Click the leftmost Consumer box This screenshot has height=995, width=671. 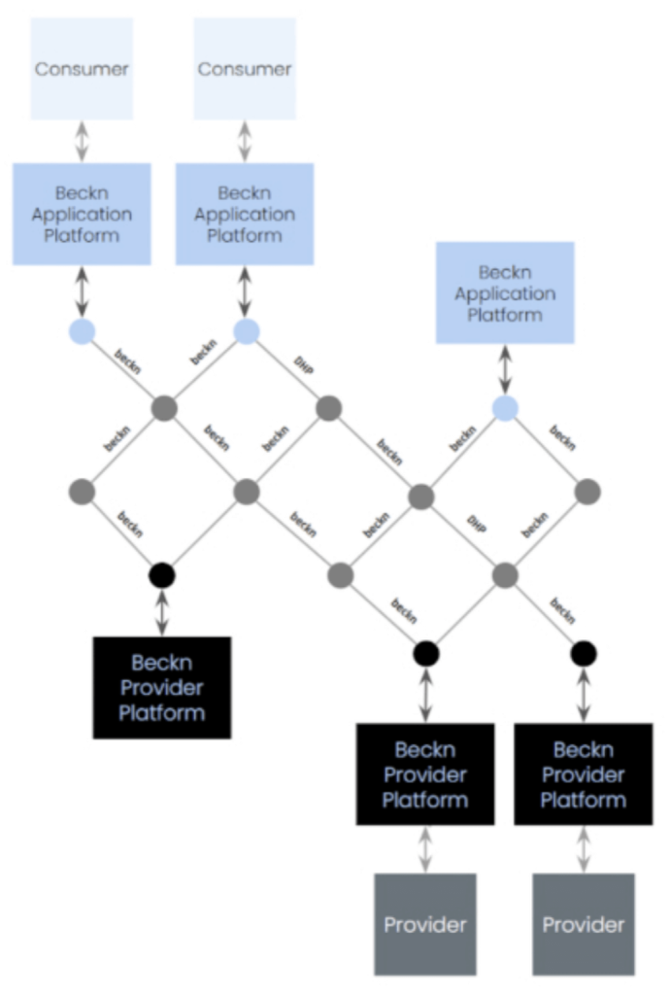click(82, 69)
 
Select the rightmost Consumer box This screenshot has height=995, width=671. click(245, 69)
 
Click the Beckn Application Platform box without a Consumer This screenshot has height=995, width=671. click(505, 292)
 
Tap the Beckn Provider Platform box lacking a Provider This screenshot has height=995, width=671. click(162, 687)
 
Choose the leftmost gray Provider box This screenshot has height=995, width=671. click(425, 924)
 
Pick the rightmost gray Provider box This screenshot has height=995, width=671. click(584, 924)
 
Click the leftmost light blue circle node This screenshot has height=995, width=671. click(82, 331)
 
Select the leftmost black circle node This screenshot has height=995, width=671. click(162, 575)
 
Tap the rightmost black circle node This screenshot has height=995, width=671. click(584, 652)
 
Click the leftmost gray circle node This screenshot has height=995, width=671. click(82, 492)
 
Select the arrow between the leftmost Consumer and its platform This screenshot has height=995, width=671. click(82, 141)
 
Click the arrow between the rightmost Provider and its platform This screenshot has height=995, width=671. click(584, 850)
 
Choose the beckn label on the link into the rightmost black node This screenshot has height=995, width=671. click(562, 609)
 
